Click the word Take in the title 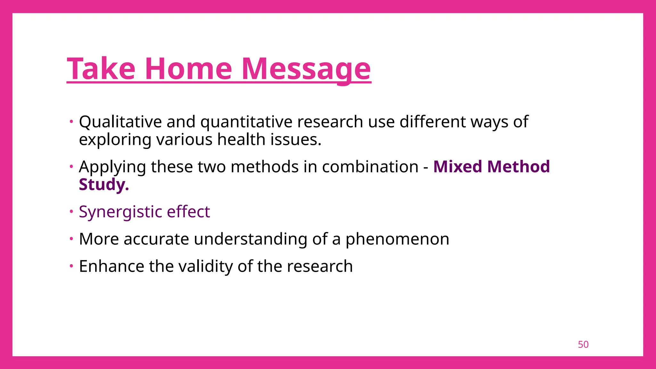click(101, 69)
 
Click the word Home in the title click(188, 69)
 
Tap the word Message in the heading click(306, 69)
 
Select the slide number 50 click(583, 344)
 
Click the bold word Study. click(103, 185)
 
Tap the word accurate click(156, 239)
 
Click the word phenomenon click(397, 240)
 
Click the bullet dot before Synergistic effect click(71, 211)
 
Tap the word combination click(370, 167)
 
